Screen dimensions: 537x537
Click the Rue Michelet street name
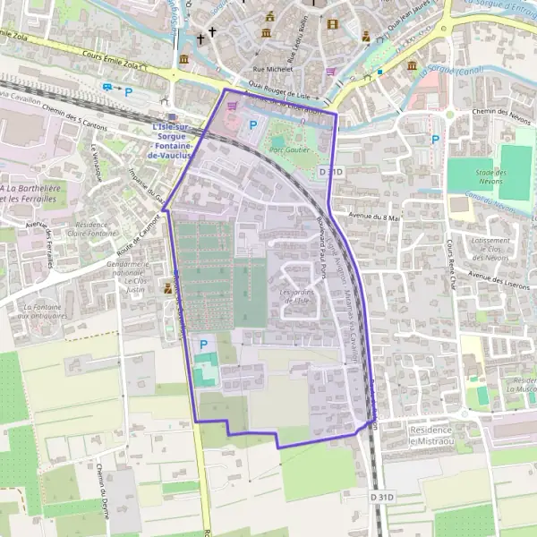coord(272,67)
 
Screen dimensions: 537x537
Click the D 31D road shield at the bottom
coord(381,495)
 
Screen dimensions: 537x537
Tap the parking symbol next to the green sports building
coord(203,344)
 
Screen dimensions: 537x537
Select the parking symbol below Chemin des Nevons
coord(435,139)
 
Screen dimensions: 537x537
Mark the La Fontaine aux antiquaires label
coord(42,311)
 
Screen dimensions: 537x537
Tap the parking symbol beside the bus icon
coord(129,90)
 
